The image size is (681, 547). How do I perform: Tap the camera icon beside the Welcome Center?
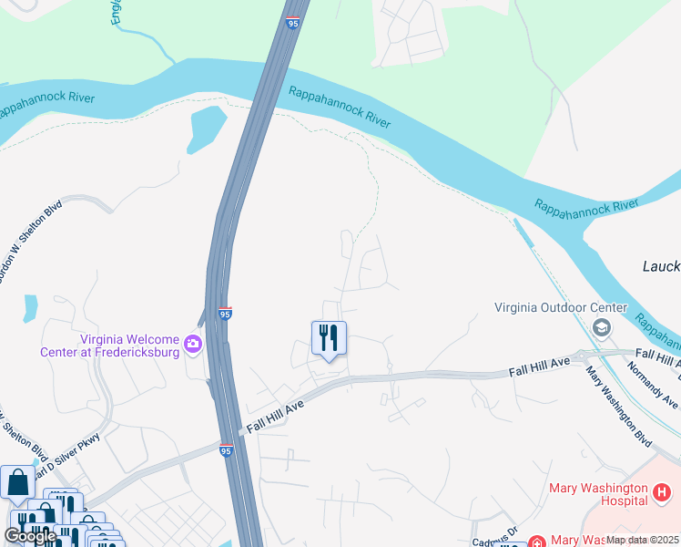(193, 344)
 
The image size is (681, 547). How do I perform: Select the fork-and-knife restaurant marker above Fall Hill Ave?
(329, 339)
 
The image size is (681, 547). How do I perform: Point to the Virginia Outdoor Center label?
(561, 307)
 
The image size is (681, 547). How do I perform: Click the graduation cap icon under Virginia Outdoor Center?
(601, 326)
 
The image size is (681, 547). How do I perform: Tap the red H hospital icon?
(662, 493)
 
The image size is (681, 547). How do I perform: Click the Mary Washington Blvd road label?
(619, 407)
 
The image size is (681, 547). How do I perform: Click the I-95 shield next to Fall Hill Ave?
(226, 449)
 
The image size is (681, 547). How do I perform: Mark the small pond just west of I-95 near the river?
(206, 129)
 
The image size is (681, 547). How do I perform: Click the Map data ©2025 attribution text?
(642, 540)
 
